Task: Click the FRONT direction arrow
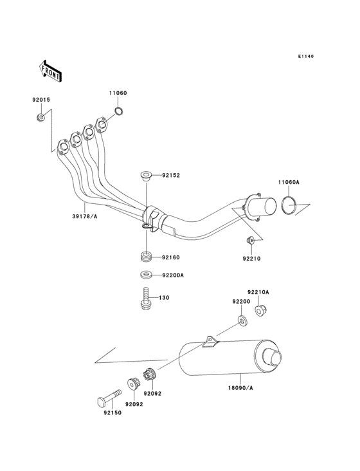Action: [50, 71]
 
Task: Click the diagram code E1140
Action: [306, 56]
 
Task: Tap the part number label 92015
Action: [41, 100]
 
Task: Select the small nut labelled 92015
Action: [41, 117]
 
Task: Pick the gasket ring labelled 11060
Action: [119, 111]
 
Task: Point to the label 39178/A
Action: [85, 216]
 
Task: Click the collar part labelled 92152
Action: [146, 176]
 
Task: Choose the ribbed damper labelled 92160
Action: [146, 258]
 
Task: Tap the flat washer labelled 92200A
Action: [146, 275]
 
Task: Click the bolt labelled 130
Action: [146, 299]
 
